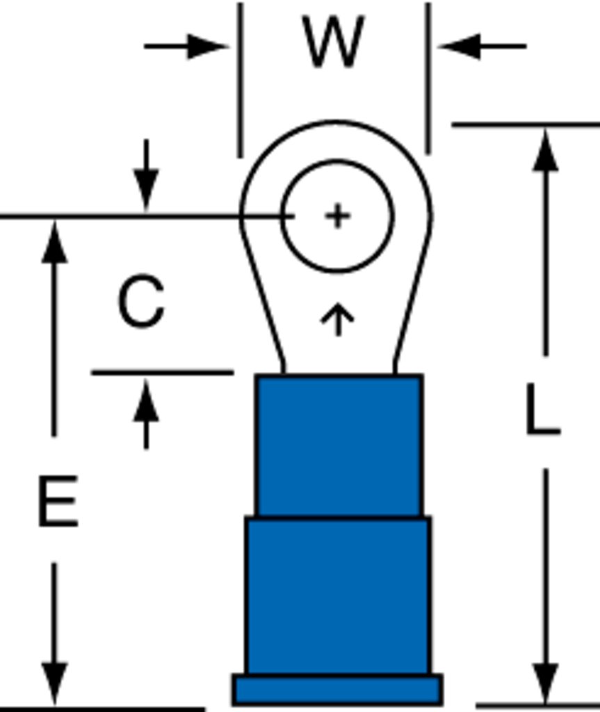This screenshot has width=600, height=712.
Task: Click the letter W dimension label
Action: pyautogui.click(x=334, y=41)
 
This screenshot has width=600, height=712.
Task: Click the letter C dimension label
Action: pyautogui.click(x=141, y=300)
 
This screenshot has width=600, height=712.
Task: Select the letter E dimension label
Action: pyautogui.click(x=58, y=501)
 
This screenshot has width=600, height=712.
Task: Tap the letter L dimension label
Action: pyautogui.click(x=543, y=410)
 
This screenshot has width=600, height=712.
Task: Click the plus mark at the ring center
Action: pyautogui.click(x=338, y=216)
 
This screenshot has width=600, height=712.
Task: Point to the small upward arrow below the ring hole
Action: pyautogui.click(x=337, y=319)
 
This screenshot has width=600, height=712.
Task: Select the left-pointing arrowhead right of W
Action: pyautogui.click(x=459, y=46)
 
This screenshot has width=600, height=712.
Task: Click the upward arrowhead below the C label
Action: pyautogui.click(x=146, y=400)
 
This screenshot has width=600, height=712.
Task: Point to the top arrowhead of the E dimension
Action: pyautogui.click(x=54, y=241)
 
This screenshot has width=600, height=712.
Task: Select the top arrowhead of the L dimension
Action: pyautogui.click(x=545, y=150)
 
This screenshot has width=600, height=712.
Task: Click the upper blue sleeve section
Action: pyautogui.click(x=339, y=446)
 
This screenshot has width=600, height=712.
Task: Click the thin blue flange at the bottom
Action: pyautogui.click(x=337, y=690)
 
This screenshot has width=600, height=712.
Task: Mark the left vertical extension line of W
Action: pyautogui.click(x=241, y=81)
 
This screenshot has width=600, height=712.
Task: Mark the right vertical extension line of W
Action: pyautogui.click(x=428, y=78)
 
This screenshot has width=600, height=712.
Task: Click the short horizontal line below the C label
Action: pyautogui.click(x=163, y=373)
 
